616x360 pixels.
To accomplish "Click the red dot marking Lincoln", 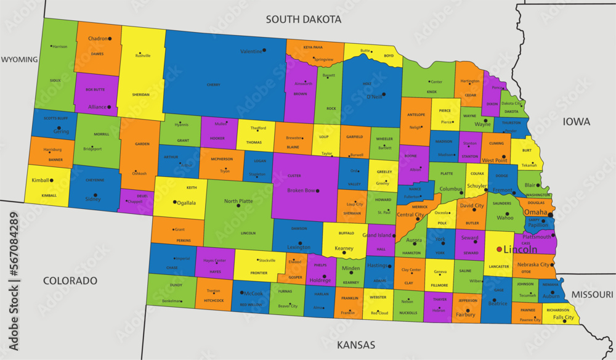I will click(x=499, y=250).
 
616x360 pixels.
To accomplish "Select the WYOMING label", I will click(x=19, y=60).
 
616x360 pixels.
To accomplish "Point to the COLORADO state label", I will click(x=70, y=280).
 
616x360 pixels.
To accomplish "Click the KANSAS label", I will click(x=356, y=345).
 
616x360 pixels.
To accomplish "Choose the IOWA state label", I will click(x=576, y=121).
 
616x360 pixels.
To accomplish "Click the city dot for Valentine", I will click(x=264, y=50).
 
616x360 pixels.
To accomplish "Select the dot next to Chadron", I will click(x=110, y=39).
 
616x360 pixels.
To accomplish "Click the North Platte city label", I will click(x=238, y=201).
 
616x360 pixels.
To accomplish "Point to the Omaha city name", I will click(x=535, y=212).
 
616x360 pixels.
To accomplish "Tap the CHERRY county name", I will click(x=214, y=84).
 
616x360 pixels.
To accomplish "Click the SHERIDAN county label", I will click(x=142, y=95).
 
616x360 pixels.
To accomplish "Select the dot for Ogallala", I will click(x=175, y=202).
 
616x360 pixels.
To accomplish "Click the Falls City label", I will click(x=562, y=317).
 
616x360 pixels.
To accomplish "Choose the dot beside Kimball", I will click(x=52, y=181).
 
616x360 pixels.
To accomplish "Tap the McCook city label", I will click(x=253, y=293).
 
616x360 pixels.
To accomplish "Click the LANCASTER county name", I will click(x=499, y=266).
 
